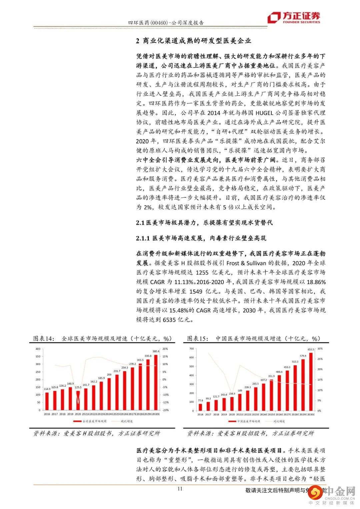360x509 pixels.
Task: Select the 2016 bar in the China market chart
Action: tap(200, 407)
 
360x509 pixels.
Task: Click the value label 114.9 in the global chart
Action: tap(47, 389)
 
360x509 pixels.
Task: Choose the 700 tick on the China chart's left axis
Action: tap(191, 349)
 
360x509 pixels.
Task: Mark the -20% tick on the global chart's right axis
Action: tap(165, 410)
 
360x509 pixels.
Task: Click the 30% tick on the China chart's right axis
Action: tap(320, 349)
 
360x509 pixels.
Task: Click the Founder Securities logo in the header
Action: tap(294, 17)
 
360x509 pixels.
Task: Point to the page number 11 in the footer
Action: tap(180, 489)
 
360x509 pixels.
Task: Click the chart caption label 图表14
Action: tap(44, 339)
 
